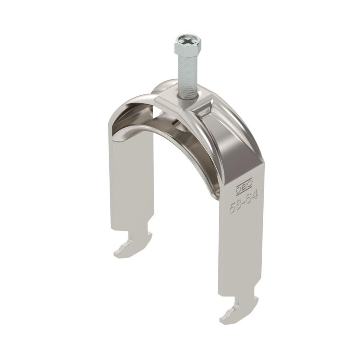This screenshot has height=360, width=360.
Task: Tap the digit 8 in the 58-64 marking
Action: pos(239,204)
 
